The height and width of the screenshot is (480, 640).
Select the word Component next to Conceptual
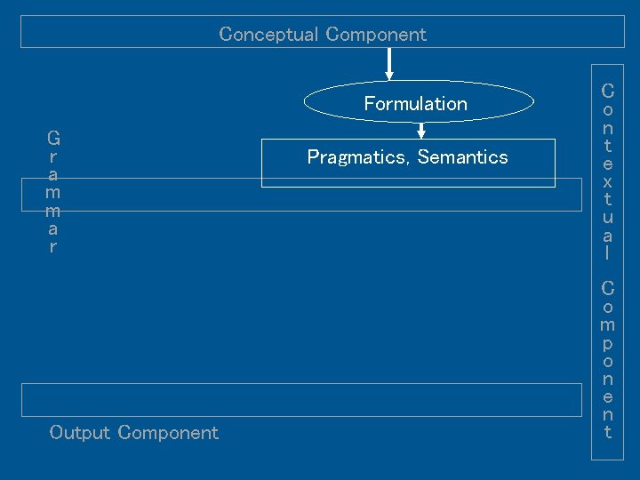376,35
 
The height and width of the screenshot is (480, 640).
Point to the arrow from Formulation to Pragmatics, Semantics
421,130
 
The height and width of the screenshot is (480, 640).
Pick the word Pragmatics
358,157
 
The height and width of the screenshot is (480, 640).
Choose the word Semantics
462,157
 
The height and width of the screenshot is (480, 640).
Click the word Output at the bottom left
80,433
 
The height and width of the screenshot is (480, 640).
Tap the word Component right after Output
168,433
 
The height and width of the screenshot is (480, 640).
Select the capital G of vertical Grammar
53,139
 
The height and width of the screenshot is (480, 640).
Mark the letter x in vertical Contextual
607,181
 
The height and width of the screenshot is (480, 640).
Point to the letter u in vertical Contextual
607,217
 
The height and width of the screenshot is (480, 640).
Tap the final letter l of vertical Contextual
607,253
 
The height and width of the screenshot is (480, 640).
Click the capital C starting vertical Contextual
607,91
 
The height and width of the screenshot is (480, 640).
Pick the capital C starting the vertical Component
607,288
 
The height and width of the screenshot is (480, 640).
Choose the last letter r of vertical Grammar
53,247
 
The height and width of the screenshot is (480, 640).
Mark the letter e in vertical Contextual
607,164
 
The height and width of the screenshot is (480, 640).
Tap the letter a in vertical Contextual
607,236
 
